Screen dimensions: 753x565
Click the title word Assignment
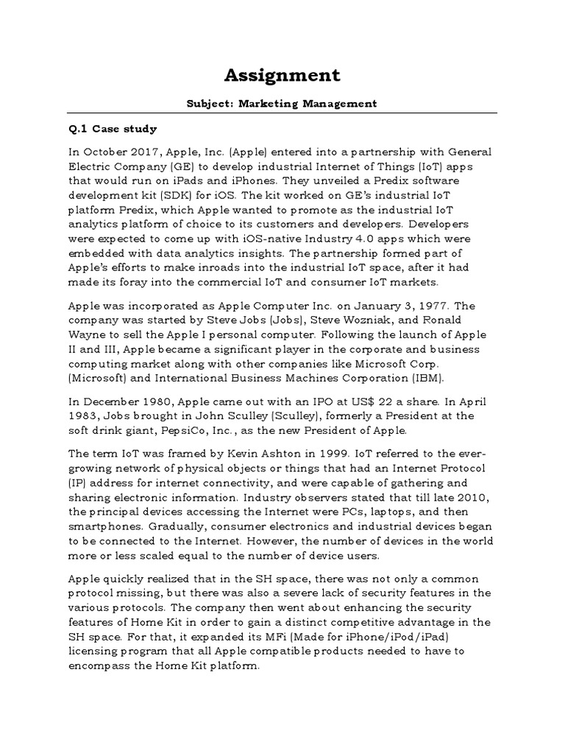282,75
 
